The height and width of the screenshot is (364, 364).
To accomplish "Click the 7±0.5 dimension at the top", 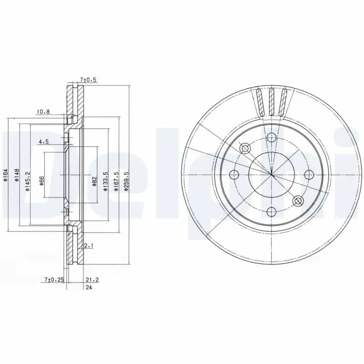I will click(x=88, y=80).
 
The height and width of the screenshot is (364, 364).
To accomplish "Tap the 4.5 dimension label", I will click(x=43, y=142).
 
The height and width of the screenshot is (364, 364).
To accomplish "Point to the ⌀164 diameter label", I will click(x=5, y=175).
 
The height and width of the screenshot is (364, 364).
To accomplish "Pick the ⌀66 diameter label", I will click(x=41, y=181).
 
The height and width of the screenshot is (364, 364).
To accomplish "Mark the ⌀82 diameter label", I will click(x=94, y=181).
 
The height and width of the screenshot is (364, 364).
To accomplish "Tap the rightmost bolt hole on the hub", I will click(x=308, y=174).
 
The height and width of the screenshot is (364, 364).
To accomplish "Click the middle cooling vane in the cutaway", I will click(x=272, y=102).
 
